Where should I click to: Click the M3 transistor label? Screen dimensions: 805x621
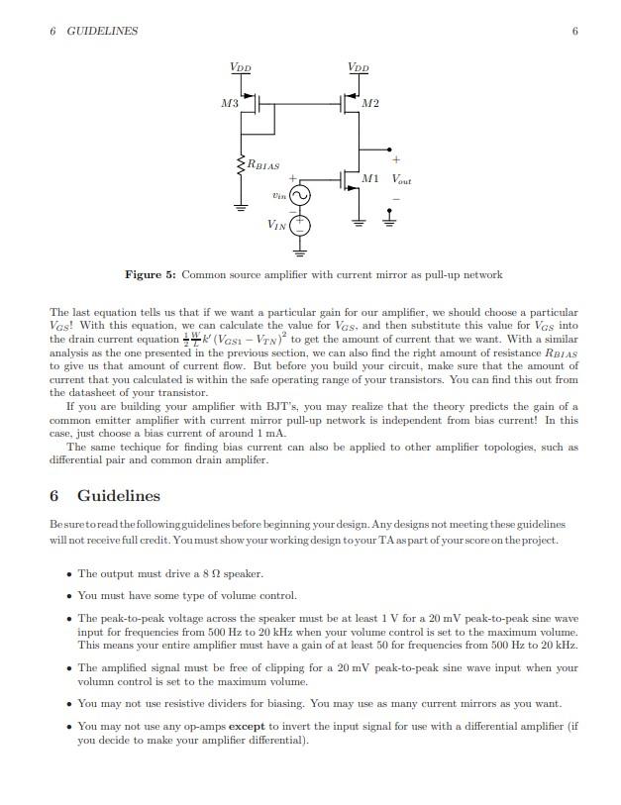230,104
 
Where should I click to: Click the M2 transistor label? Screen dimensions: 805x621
371,104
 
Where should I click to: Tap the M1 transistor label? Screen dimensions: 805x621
369,179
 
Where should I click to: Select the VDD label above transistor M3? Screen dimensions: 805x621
240,68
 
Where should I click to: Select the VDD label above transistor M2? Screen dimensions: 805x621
359,68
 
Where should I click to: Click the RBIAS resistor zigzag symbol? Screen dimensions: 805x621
240,164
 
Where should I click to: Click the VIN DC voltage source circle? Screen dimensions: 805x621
298,227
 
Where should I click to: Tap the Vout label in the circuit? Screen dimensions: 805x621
401,180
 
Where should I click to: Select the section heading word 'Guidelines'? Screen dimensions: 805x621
118,495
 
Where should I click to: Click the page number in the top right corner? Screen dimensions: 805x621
574,31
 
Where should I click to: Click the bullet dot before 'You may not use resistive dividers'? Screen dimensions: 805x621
67,704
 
